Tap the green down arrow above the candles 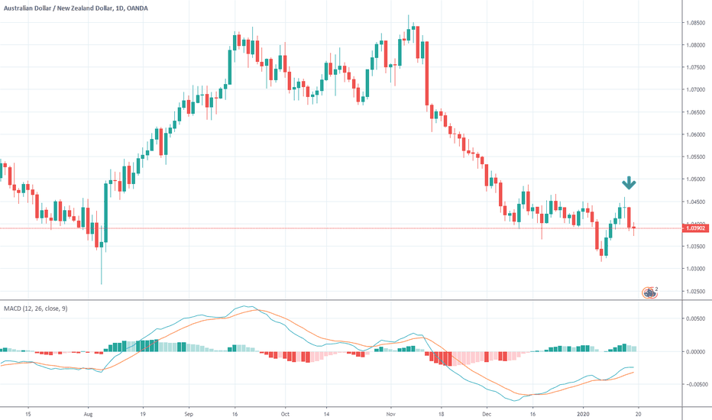628,183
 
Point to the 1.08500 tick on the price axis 696,23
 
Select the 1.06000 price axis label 696,135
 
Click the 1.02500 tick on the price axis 696,292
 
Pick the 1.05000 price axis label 696,179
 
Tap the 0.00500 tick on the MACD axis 696,318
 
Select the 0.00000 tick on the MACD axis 696,351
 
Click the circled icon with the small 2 649,292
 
